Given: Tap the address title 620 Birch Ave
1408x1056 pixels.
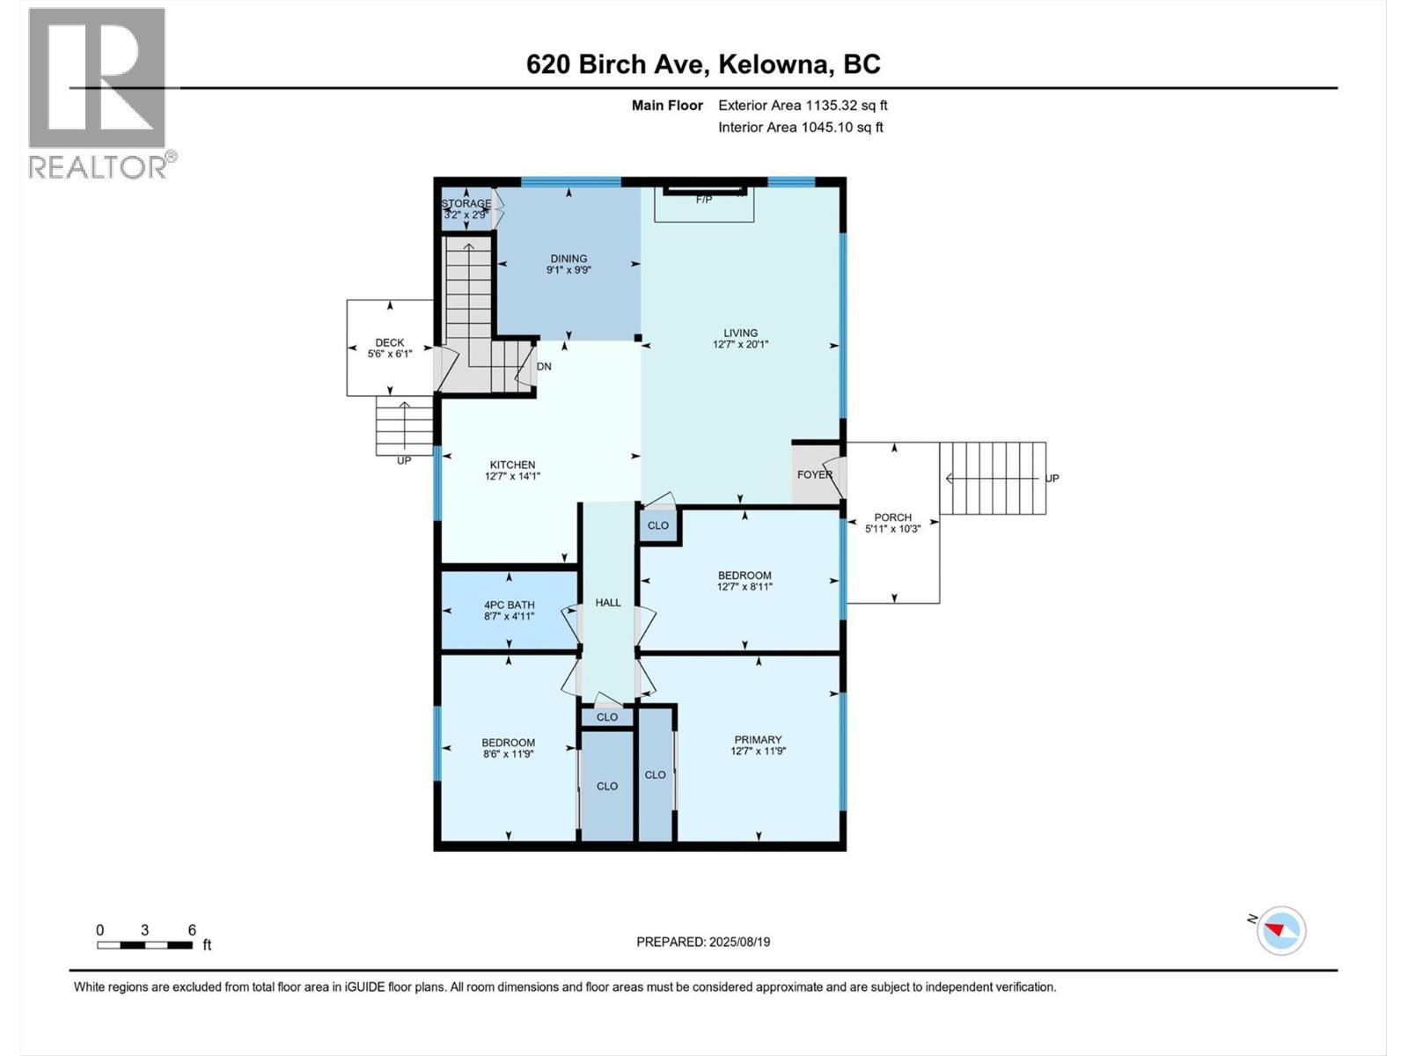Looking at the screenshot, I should (703, 64).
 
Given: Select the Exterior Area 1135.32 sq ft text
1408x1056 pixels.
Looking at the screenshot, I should (802, 106).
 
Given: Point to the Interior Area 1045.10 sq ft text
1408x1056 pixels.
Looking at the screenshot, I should (800, 128).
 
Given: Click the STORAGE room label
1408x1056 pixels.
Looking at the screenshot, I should (466, 209).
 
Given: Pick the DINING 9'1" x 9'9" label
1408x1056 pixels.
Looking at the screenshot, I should (568, 265).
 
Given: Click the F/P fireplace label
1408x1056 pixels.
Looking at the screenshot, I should (704, 200).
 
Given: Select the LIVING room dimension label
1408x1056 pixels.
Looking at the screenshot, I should (740, 339).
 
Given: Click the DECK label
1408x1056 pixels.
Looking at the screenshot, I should (390, 348).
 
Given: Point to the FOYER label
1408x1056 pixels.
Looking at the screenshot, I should (814, 475).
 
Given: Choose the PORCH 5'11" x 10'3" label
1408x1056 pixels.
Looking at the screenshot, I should (892, 524).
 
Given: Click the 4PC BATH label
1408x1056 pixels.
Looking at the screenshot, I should (509, 611).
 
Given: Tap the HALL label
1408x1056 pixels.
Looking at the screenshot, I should (608, 603).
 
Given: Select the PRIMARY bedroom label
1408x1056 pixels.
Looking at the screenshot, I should (758, 745).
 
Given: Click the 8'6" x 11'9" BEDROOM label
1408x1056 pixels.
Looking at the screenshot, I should (508, 748).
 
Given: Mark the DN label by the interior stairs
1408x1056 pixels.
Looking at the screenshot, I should (544, 366).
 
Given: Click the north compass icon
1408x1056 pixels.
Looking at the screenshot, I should (1280, 930).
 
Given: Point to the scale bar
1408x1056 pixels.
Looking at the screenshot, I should (144, 945).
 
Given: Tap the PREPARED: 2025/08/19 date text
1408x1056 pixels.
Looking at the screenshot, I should (703, 942).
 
